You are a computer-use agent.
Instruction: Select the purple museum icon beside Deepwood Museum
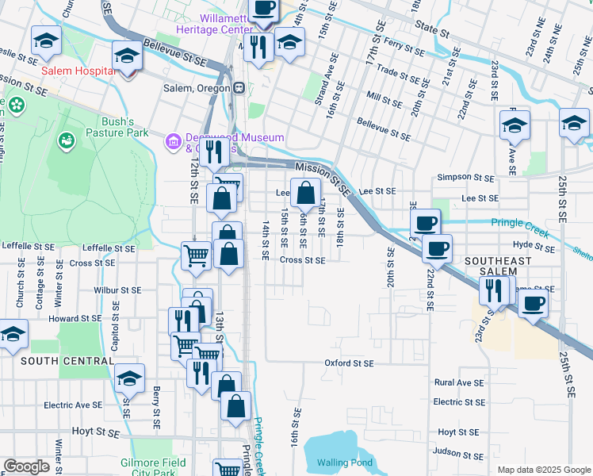(172, 142)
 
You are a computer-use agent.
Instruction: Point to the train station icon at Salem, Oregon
(239, 87)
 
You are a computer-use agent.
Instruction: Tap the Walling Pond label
(344, 463)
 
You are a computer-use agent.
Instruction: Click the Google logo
(26, 466)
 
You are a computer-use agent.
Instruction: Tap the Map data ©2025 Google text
(544, 470)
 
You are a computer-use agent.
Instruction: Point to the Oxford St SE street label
(348, 363)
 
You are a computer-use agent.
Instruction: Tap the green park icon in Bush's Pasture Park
(66, 140)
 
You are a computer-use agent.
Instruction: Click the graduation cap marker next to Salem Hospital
(127, 57)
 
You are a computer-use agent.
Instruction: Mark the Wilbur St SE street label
(117, 291)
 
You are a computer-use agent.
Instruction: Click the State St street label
(433, 36)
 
